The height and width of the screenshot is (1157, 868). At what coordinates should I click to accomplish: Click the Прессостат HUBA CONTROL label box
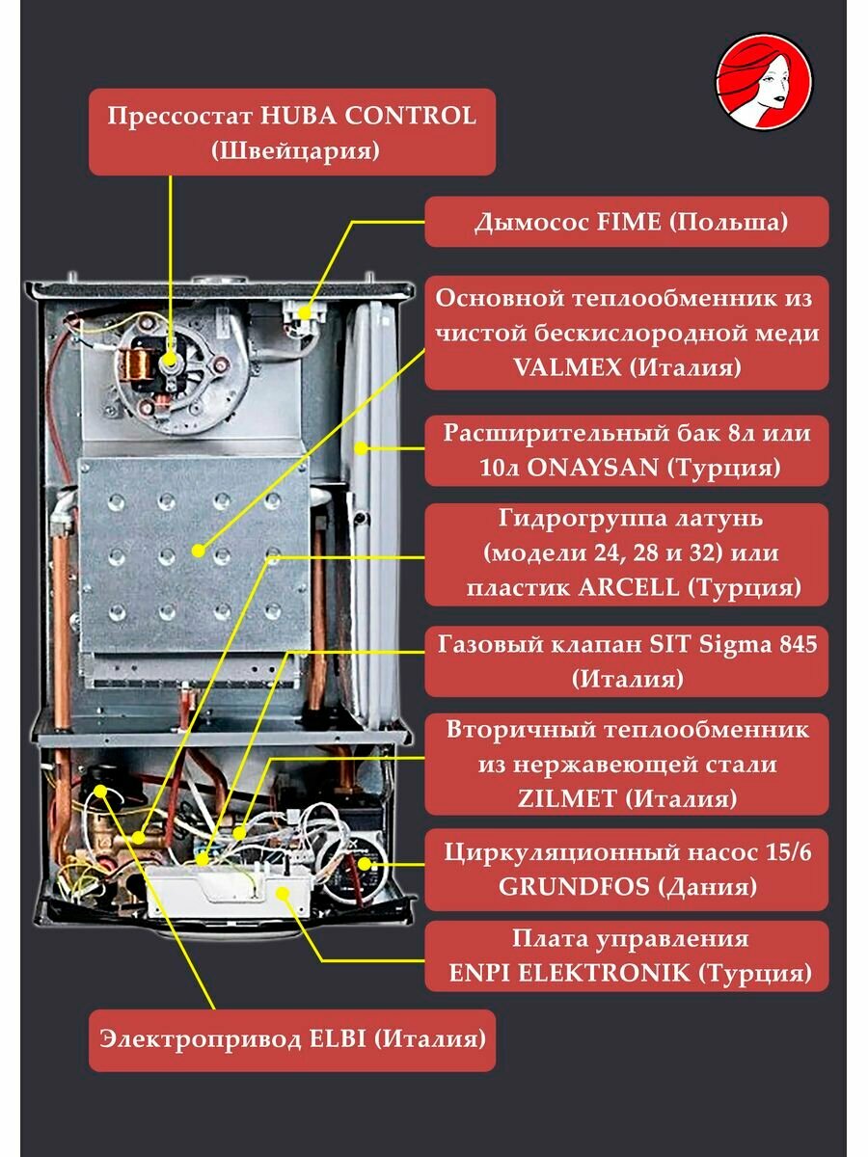292,132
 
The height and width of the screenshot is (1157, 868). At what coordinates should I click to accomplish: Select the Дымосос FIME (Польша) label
627,222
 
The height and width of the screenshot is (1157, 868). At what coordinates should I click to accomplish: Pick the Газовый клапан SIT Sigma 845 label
627,660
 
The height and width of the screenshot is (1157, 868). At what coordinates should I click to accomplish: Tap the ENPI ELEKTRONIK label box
627,955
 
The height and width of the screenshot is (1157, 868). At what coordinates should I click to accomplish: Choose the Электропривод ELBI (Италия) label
292,1039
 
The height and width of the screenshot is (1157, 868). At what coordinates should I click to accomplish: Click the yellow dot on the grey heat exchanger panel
198,552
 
